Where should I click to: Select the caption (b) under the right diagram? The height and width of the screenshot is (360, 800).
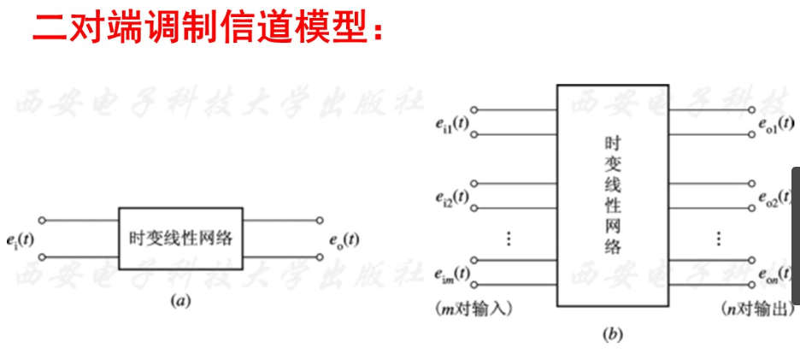(611, 335)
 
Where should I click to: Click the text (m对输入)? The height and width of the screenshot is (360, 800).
(474, 305)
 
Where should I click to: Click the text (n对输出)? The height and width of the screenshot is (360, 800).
(751, 305)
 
